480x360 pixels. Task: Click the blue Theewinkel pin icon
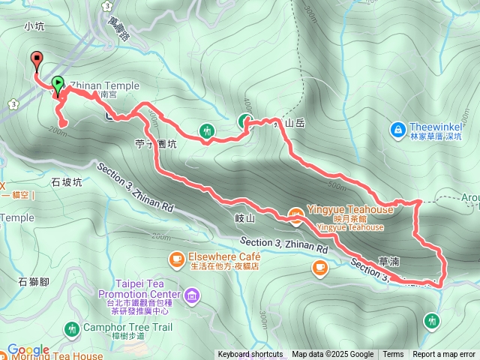point(397,130)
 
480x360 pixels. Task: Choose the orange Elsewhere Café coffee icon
point(176,259)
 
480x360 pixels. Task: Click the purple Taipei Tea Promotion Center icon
point(193,294)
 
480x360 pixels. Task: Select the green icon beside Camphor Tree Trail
point(72,328)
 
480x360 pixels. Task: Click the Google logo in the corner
point(28,350)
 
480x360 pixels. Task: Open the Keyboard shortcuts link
point(250,355)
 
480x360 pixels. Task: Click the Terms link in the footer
point(393,355)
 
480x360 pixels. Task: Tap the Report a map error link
point(444,355)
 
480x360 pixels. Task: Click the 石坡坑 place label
point(66,181)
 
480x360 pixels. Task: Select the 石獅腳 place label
point(33,281)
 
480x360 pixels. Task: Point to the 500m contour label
point(337,186)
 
